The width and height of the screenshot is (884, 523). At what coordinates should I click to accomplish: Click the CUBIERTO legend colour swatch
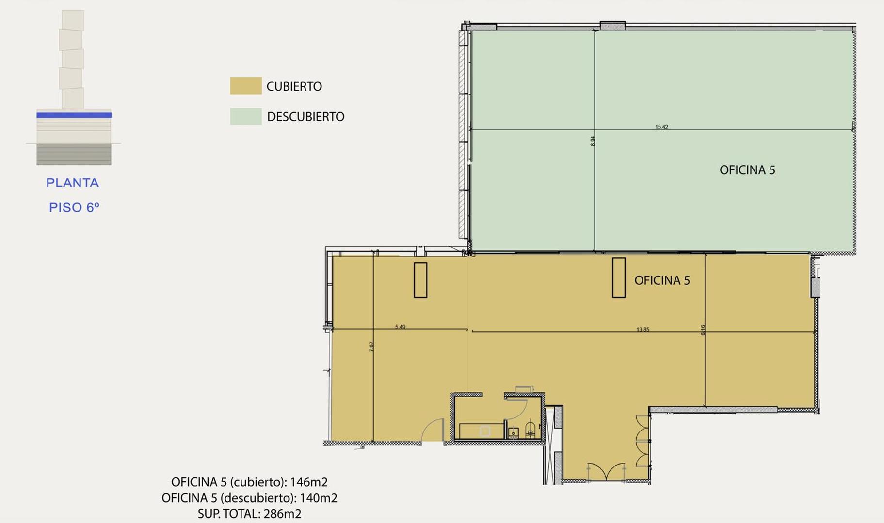[246, 86]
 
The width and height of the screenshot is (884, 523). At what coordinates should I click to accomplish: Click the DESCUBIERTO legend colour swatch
[246, 117]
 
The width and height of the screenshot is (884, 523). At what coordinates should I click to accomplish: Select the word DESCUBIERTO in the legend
[305, 117]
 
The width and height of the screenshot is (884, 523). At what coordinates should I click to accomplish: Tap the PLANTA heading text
[73, 183]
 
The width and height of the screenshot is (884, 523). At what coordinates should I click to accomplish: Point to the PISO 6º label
[74, 208]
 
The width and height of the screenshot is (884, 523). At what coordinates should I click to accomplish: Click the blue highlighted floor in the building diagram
[74, 115]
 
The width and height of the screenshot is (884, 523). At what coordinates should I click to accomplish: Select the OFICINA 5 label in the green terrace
[747, 170]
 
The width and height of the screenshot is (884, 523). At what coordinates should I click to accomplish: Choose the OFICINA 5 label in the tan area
[662, 280]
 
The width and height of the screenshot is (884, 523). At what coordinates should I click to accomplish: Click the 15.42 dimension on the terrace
[661, 127]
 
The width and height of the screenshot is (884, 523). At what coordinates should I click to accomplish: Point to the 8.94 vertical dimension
[593, 141]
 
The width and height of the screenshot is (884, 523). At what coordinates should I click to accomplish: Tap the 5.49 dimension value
[400, 327]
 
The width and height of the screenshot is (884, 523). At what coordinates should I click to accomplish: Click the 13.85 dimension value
[643, 330]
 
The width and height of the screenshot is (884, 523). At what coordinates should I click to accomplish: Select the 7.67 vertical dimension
[371, 347]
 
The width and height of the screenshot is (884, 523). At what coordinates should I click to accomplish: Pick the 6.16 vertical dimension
[703, 330]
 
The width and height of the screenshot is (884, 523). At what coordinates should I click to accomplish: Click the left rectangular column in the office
[420, 280]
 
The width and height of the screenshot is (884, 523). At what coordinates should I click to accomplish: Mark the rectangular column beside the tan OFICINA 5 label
[619, 277]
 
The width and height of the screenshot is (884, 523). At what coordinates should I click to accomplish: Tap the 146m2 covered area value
[309, 482]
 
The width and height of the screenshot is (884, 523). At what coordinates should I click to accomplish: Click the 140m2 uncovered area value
[319, 498]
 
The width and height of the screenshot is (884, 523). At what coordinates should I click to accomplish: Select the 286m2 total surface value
[282, 514]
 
